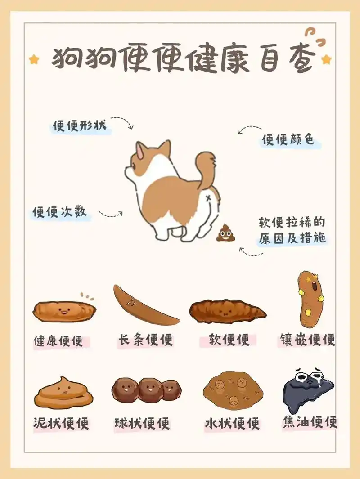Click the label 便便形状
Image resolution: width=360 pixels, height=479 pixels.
[79, 126]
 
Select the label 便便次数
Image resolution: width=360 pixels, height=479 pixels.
[59, 212]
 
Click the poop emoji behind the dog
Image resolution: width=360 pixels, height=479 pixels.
[225, 233]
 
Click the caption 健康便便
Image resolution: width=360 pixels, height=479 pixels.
[58, 341]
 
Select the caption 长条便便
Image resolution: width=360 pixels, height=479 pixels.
[145, 340]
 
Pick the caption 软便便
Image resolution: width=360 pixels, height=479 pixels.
[229, 340]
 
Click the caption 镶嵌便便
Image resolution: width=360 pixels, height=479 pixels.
[306, 340]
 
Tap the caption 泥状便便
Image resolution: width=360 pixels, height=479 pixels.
[61, 423]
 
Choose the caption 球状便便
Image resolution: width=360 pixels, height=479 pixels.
[142, 423]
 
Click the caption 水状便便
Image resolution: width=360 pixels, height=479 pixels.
[232, 423]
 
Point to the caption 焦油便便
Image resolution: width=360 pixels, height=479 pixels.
[310, 422]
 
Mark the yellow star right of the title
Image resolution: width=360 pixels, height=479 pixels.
[326, 59]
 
